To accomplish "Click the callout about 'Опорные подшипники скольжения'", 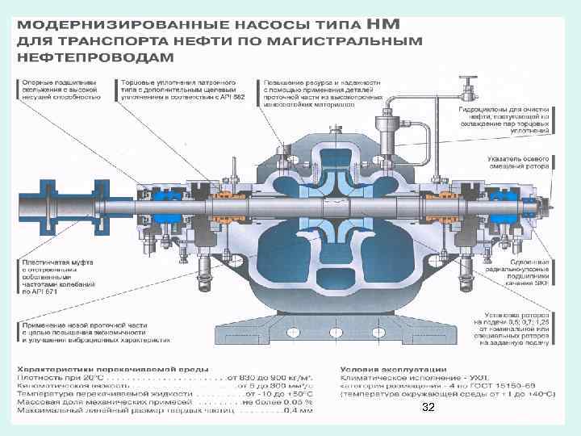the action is pos(61,89).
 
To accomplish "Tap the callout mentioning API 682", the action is pos(178,89).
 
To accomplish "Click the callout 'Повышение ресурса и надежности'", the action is pos(319,94).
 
